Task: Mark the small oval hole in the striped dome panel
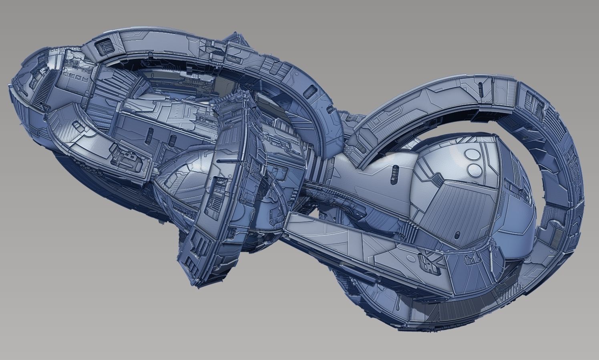tap(457, 233)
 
